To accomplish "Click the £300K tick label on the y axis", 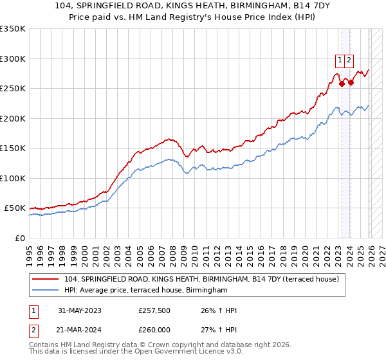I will [x=13, y=59].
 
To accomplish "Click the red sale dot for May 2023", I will [x=342, y=84].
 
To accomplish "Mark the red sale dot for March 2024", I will [x=351, y=82].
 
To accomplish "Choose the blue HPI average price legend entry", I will [x=146, y=291].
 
